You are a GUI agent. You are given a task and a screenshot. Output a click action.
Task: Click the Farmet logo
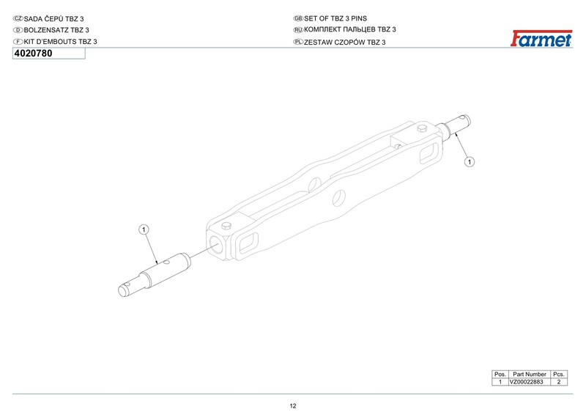(541, 40)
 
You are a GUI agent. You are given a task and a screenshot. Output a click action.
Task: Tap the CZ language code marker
(18, 17)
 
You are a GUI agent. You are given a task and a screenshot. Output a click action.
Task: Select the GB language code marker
(297, 17)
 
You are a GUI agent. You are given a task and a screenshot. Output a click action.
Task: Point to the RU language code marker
(297, 29)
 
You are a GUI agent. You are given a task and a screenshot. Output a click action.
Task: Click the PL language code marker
(297, 43)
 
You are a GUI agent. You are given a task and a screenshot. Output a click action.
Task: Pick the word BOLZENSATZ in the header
(46, 29)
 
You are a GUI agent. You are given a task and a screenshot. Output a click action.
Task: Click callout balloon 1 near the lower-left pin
(144, 230)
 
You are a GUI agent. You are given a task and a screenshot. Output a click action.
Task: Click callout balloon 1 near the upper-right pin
(470, 161)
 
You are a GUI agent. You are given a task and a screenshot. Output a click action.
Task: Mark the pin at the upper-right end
(461, 125)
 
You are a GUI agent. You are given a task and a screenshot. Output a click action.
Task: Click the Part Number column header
(530, 374)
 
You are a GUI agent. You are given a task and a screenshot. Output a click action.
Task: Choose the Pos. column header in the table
(500, 374)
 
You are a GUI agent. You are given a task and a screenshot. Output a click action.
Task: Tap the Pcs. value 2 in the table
(559, 382)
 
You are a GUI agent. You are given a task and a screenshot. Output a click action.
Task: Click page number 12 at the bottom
(293, 406)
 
